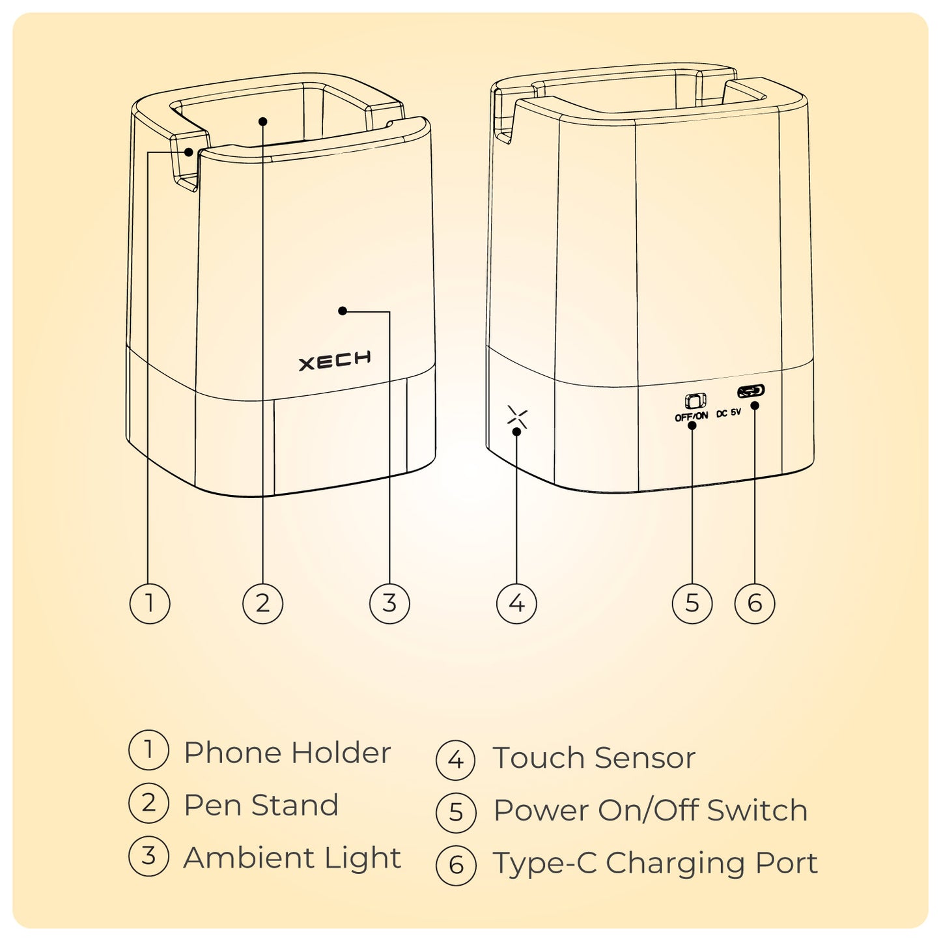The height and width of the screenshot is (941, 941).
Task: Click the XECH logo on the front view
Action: pyautogui.click(x=335, y=360)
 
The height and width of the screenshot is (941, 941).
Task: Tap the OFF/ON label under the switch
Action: pyautogui.click(x=691, y=417)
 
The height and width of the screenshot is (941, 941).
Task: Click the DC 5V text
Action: pyautogui.click(x=728, y=413)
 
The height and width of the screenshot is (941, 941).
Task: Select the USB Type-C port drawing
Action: pyautogui.click(x=751, y=391)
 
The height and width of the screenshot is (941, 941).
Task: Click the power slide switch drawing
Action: pyautogui.click(x=695, y=401)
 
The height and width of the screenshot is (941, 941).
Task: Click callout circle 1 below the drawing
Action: pyautogui.click(x=149, y=603)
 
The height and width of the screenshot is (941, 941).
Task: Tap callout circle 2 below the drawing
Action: pyautogui.click(x=262, y=603)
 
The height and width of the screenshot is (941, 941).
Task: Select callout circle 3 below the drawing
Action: pyautogui.click(x=389, y=603)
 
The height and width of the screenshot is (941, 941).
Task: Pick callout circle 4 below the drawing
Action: pyautogui.click(x=516, y=603)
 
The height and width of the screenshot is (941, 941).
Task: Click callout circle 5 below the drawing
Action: pyautogui.click(x=692, y=603)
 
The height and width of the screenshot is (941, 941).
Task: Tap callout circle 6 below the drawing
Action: pyautogui.click(x=755, y=603)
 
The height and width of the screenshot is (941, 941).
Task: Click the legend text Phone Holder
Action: pyautogui.click(x=287, y=753)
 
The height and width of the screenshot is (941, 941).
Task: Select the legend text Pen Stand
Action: pyautogui.click(x=260, y=806)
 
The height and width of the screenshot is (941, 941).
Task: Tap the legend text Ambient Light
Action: pyautogui.click(x=292, y=859)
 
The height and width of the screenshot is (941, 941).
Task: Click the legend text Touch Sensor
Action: pyautogui.click(x=594, y=757)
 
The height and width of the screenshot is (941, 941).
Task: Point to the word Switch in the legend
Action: pyautogui.click(x=757, y=811)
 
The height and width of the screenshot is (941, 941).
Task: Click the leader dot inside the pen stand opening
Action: pyautogui.click(x=262, y=120)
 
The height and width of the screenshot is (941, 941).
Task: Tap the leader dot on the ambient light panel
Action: pyautogui.click(x=343, y=311)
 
